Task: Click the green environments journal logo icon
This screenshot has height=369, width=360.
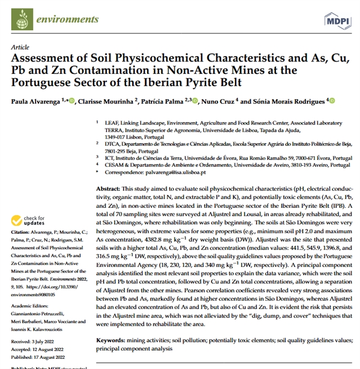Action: point(23,19)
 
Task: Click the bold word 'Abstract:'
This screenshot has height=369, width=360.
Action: point(108,187)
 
